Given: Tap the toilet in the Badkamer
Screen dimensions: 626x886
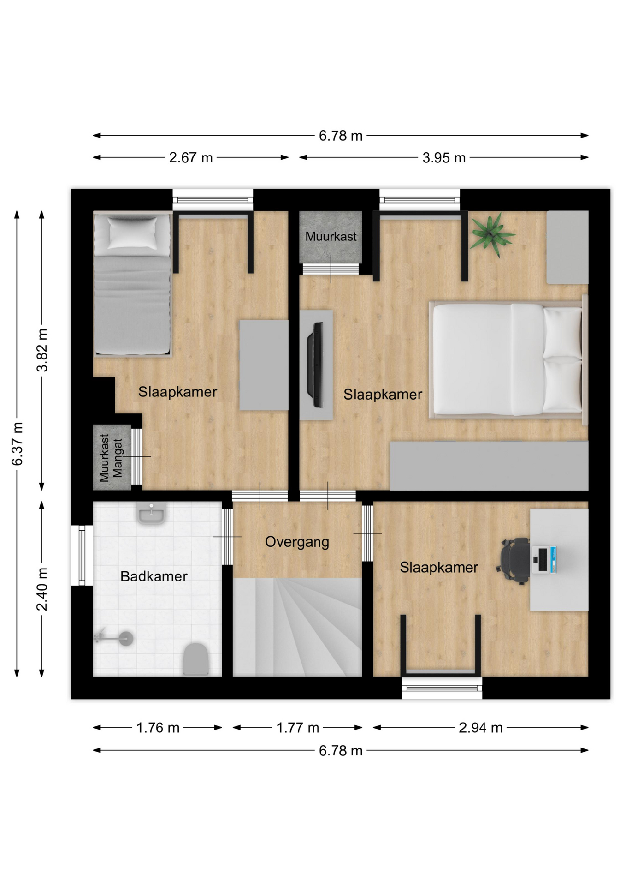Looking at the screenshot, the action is pyautogui.click(x=196, y=659).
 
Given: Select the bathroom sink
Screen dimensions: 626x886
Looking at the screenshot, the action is pyautogui.click(x=151, y=513).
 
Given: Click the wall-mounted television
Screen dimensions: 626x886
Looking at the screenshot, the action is pyautogui.click(x=317, y=365).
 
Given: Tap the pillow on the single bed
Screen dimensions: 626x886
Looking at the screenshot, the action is pyautogui.click(x=132, y=233).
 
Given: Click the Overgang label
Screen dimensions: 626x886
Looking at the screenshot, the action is pyautogui.click(x=297, y=542).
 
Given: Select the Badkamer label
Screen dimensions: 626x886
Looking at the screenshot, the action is pyautogui.click(x=154, y=576).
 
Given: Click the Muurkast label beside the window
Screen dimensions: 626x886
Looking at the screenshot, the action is pyautogui.click(x=331, y=237).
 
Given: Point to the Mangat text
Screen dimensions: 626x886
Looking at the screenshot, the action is pyautogui.click(x=118, y=458).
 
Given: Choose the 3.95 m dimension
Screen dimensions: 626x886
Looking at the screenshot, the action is pyautogui.click(x=444, y=158).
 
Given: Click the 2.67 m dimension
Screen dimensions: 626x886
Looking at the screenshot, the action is pyautogui.click(x=191, y=158).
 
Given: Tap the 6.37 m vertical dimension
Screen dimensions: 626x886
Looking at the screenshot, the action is pyautogui.click(x=17, y=444).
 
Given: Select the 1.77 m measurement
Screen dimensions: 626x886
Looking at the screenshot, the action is pyautogui.click(x=297, y=728).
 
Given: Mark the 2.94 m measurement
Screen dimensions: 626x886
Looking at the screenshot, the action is pyautogui.click(x=480, y=728).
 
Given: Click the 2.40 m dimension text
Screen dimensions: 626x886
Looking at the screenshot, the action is pyautogui.click(x=42, y=589).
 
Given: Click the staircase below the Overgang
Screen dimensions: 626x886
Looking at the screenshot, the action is pyautogui.click(x=297, y=628).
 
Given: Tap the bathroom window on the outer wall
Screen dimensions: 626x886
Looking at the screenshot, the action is pyautogui.click(x=82, y=555).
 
